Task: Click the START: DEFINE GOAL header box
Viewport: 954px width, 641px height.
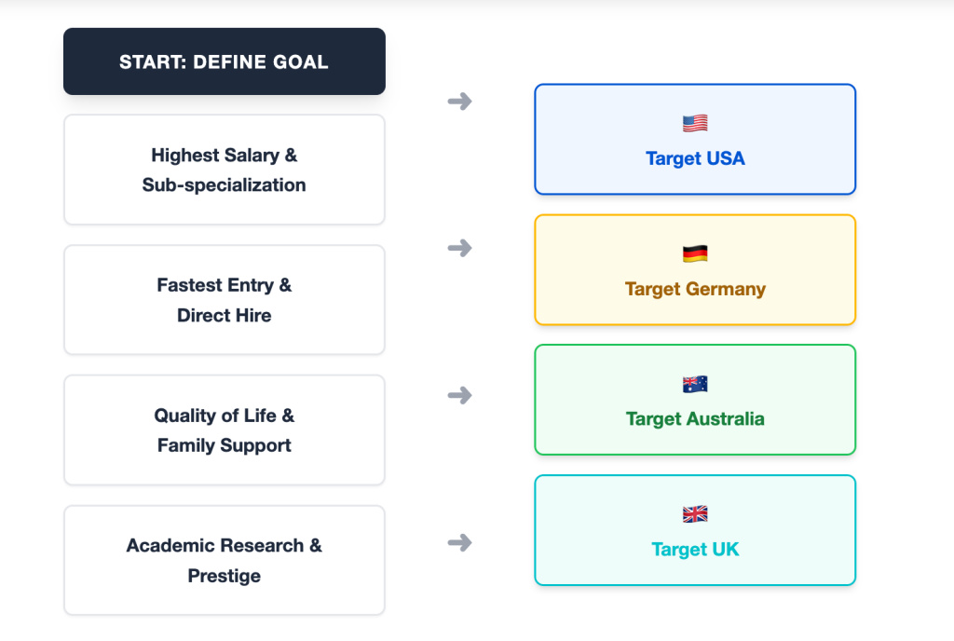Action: pos(224,61)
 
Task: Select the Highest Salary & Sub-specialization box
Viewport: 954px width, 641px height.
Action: pos(224,170)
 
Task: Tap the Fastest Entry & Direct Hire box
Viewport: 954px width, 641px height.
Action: pos(224,300)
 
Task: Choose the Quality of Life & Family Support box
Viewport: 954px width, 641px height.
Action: pos(224,430)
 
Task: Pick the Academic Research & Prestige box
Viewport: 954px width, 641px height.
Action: pos(224,560)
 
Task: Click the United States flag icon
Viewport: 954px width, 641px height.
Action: pos(695,123)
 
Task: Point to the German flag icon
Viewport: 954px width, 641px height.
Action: pos(695,253)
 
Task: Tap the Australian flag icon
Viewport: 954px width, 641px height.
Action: pos(695,384)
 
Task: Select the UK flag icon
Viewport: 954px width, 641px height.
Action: pos(695,513)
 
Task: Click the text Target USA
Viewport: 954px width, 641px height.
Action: pos(695,158)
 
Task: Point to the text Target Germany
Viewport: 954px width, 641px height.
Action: pos(695,289)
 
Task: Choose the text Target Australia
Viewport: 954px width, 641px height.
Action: pos(695,419)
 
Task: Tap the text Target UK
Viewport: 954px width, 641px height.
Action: pos(695,550)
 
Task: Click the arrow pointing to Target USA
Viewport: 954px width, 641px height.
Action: pos(459,101)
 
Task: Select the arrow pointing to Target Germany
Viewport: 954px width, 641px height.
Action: pos(459,248)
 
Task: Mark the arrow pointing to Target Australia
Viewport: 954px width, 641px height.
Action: pos(459,395)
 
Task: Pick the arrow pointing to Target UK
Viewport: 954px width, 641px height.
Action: pos(459,542)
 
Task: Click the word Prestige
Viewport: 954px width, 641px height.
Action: pos(224,576)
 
